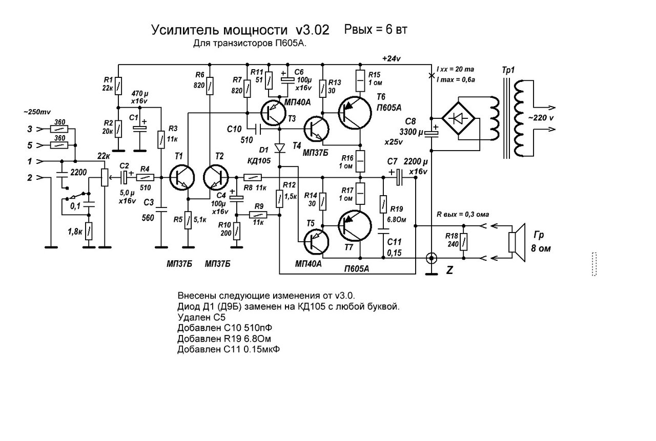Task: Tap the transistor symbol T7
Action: point(355,226)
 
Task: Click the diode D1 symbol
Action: point(280,148)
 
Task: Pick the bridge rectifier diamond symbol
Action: point(458,118)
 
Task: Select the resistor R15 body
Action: point(360,80)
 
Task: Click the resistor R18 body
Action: point(463,241)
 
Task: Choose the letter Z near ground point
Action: point(449,270)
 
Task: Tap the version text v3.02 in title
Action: point(312,30)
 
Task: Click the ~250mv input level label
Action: point(37,112)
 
